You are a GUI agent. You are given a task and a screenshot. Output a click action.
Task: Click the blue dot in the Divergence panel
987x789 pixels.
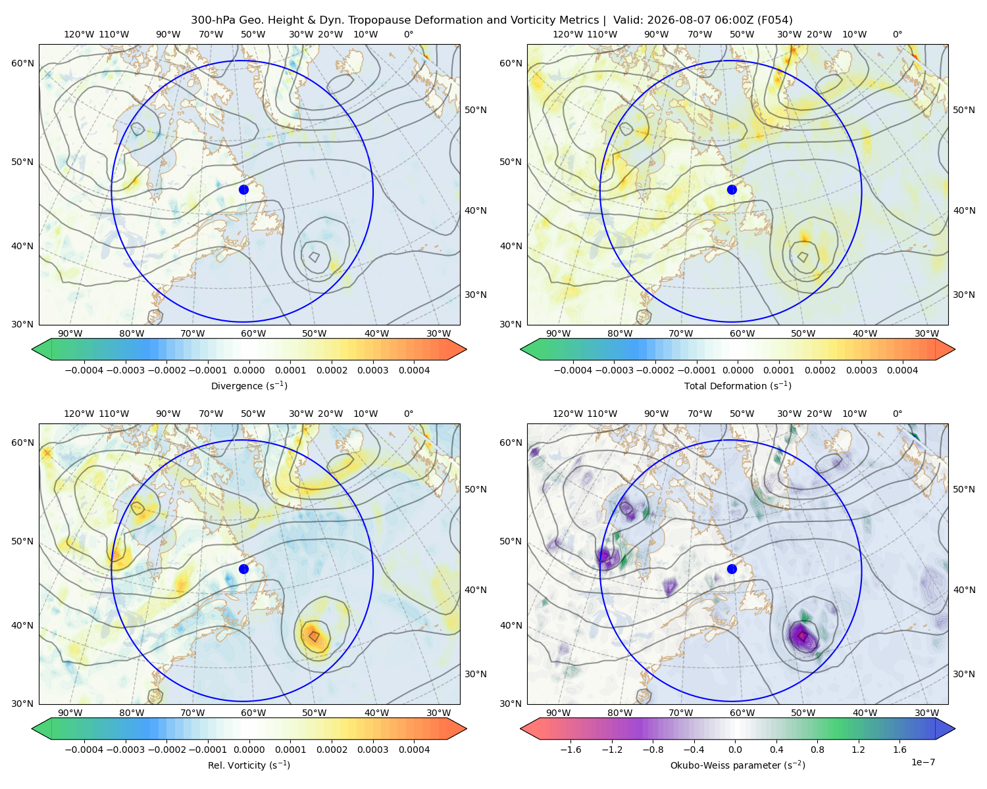click(x=243, y=189)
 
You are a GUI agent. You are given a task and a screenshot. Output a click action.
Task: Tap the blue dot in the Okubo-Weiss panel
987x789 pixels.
click(x=732, y=569)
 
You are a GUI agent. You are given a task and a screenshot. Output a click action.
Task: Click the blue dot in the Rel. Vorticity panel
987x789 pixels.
click(x=243, y=569)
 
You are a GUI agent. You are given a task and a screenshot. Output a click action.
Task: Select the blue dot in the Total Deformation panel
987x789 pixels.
click(x=732, y=189)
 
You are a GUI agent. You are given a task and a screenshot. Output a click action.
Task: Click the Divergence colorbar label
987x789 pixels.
click(x=249, y=386)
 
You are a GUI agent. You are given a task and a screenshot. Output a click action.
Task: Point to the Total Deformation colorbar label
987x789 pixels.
click(x=738, y=386)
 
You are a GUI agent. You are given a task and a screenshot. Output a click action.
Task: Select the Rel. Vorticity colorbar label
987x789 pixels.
click(x=249, y=765)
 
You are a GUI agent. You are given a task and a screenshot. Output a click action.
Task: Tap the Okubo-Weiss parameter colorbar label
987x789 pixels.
click(x=738, y=765)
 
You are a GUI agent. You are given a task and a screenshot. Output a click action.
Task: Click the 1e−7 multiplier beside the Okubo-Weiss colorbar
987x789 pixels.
click(x=923, y=762)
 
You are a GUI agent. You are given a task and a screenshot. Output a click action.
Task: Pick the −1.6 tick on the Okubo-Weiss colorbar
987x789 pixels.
click(x=570, y=750)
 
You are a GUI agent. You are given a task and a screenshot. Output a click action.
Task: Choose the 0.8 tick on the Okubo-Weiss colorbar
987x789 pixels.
click(x=817, y=750)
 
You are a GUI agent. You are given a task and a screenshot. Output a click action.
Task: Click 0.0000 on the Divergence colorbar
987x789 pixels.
click(x=249, y=370)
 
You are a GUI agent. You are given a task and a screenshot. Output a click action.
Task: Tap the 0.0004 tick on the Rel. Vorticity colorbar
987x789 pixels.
click(x=414, y=750)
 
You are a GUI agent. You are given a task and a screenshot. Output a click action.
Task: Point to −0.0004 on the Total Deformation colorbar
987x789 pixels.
click(x=572, y=370)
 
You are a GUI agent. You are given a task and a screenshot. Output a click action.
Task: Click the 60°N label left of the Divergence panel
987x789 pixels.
click(x=22, y=63)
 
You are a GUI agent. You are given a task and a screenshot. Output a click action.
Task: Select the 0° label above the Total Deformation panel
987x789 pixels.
click(x=897, y=34)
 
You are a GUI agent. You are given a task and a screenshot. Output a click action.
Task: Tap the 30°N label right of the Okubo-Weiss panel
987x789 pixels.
click(x=963, y=674)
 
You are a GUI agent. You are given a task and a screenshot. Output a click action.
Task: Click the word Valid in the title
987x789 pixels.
click(x=627, y=20)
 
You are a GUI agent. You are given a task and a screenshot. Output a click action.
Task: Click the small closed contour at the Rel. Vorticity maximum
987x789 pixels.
click(x=314, y=636)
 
